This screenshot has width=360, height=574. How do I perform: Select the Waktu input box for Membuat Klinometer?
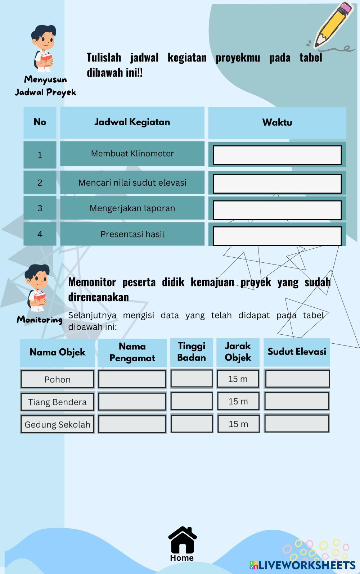(277, 155)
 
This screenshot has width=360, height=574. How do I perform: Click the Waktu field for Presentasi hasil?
(277, 236)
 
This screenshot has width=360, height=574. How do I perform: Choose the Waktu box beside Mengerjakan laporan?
(277, 210)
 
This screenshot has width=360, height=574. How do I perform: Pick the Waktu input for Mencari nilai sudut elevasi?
(277, 184)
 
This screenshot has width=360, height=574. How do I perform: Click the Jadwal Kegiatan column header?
(132, 122)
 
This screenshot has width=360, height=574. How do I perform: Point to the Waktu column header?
(277, 122)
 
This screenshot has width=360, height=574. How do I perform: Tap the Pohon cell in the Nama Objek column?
(57, 379)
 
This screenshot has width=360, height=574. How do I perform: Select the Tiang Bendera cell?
(57, 402)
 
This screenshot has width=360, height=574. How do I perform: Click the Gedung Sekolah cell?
(57, 424)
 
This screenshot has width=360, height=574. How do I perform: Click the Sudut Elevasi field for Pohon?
(297, 379)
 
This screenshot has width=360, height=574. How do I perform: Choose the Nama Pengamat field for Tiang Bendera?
(132, 402)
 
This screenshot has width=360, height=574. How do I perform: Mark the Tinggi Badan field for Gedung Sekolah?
(192, 424)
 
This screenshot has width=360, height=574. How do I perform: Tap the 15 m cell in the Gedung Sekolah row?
(238, 424)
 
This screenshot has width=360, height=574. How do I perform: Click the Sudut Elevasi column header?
(297, 352)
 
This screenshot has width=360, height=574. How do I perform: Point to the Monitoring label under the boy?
(40, 320)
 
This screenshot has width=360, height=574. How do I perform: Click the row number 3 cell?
(40, 208)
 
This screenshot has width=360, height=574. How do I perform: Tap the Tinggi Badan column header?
(192, 352)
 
